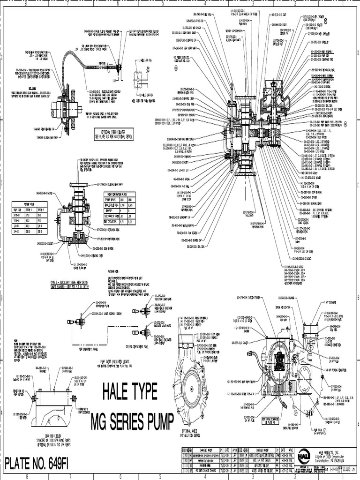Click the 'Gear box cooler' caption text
pos(50,438)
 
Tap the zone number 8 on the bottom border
pos(27,476)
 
